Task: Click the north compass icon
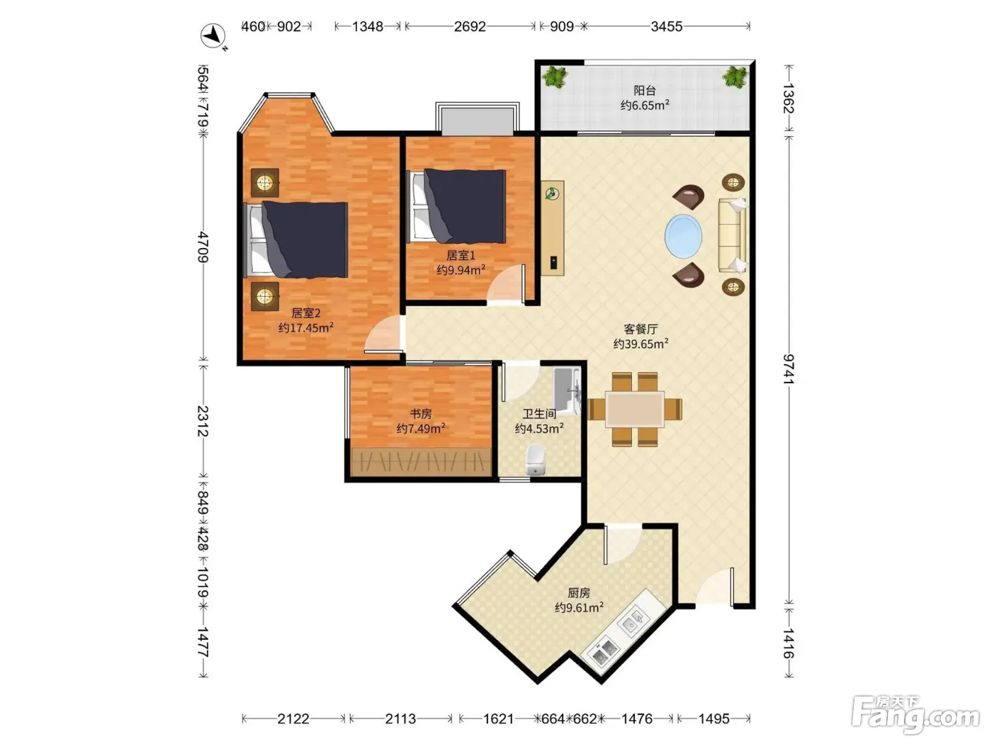point(213,36)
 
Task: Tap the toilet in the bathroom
point(536,459)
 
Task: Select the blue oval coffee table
point(683,236)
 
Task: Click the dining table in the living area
point(634,410)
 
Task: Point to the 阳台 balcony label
point(645,91)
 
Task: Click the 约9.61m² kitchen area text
point(579,607)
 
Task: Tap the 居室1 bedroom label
point(461,255)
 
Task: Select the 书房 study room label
point(420,413)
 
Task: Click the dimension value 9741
point(788,369)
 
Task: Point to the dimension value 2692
point(470,27)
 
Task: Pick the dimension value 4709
point(203,247)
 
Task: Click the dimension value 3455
point(667,27)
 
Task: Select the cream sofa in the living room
point(733,235)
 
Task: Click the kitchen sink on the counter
point(633,621)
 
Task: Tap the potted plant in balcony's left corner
point(555,77)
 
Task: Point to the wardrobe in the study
point(421,461)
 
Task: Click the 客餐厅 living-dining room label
point(641,329)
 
